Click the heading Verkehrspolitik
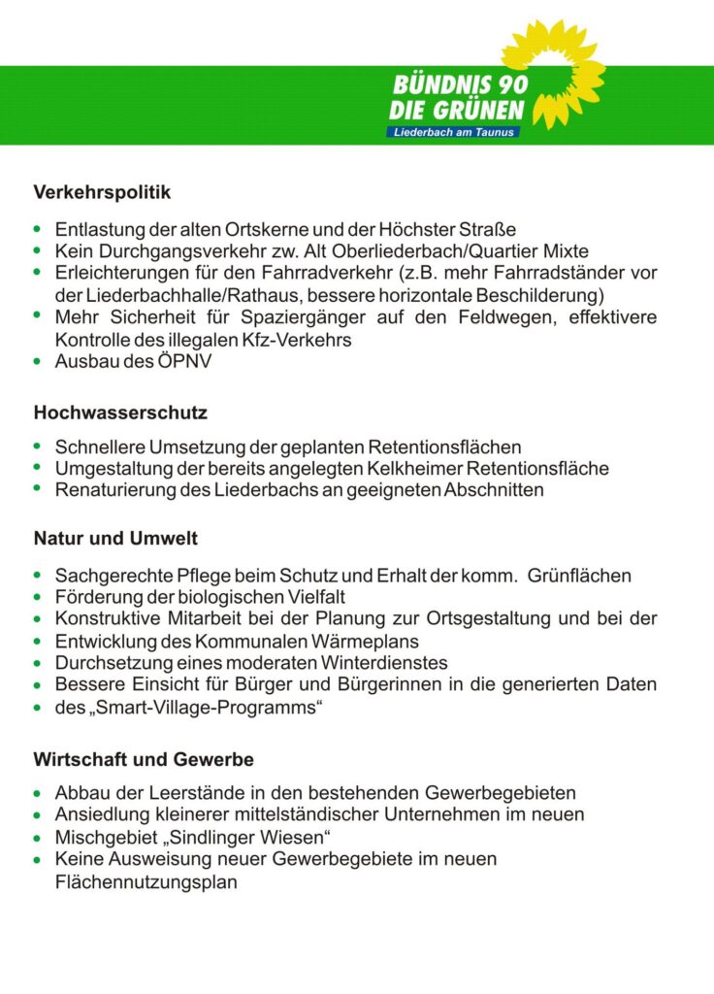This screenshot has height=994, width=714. [x=102, y=192]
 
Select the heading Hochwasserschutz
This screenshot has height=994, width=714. [x=120, y=413]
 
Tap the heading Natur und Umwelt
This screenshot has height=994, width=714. [x=115, y=538]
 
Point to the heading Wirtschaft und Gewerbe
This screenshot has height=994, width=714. [x=144, y=757]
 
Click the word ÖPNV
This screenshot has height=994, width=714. [x=186, y=362]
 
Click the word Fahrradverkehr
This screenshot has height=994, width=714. [x=312, y=273]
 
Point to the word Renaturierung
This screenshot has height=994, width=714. [x=115, y=490]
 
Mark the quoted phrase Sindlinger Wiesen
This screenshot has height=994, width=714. [x=254, y=837]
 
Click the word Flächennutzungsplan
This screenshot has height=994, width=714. [x=146, y=882]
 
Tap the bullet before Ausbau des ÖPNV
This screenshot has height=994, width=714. [x=37, y=362]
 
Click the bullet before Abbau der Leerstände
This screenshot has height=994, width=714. [x=37, y=793]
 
